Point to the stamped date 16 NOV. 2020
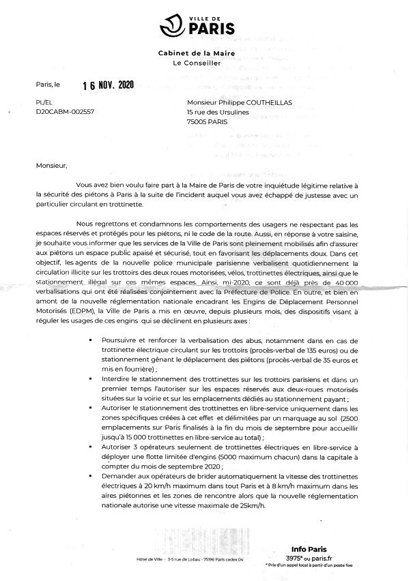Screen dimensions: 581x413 pyautogui.click(x=109, y=86)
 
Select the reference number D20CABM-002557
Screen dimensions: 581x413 pyautogui.click(x=65, y=111)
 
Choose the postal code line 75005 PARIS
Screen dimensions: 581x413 pyautogui.click(x=208, y=122)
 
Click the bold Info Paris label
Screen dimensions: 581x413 pyautogui.click(x=309, y=548)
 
